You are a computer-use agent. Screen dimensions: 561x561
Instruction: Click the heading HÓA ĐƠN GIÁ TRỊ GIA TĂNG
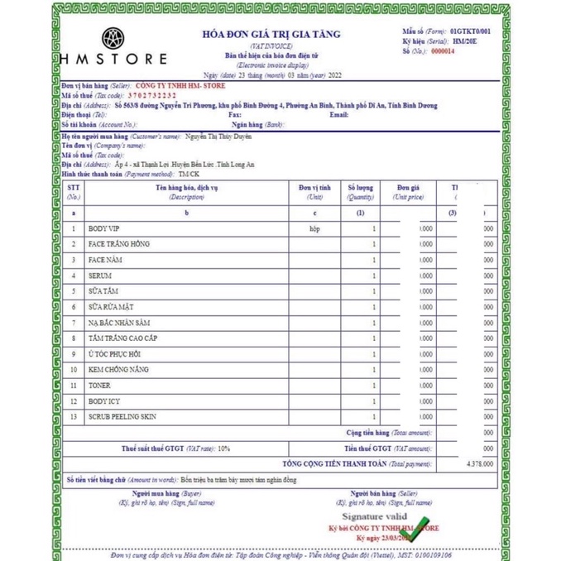(x=271, y=34)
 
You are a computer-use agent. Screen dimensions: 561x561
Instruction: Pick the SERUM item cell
(x=100, y=276)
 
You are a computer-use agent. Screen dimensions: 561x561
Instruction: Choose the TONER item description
(x=99, y=386)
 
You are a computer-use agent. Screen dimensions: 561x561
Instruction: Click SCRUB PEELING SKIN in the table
(x=122, y=417)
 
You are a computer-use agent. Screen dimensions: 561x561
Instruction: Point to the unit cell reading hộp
(x=314, y=228)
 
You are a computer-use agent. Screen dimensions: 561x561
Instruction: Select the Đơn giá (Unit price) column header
(x=409, y=192)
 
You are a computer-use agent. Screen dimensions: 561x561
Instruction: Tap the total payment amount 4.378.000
(x=480, y=463)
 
